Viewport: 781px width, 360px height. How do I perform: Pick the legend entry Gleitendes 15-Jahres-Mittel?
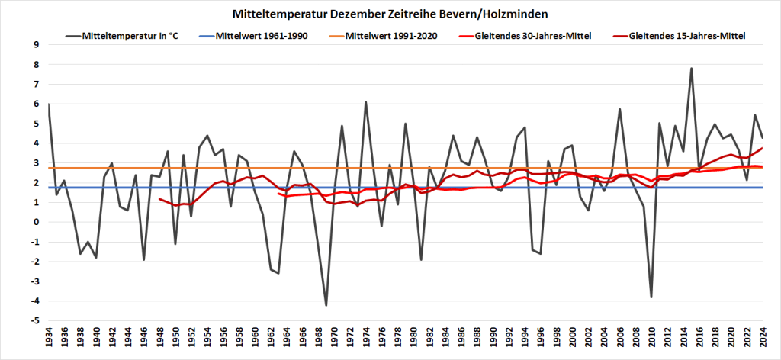coord(686,35)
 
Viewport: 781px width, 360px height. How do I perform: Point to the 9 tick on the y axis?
coord(36,44)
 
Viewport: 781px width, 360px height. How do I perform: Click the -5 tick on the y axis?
coord(34,321)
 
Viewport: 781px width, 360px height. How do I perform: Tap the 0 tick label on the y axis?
coord(36,222)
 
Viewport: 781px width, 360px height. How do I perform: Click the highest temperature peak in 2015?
coord(691,69)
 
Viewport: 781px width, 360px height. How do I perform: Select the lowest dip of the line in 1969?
coord(326,305)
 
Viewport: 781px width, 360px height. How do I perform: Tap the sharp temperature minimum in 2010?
coord(651,297)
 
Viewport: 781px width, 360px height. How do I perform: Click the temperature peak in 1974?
coord(365,102)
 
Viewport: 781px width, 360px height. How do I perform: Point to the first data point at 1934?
coord(48,104)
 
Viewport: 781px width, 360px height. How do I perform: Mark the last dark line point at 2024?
coord(763,137)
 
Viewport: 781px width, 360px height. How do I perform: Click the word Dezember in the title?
coord(331,14)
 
